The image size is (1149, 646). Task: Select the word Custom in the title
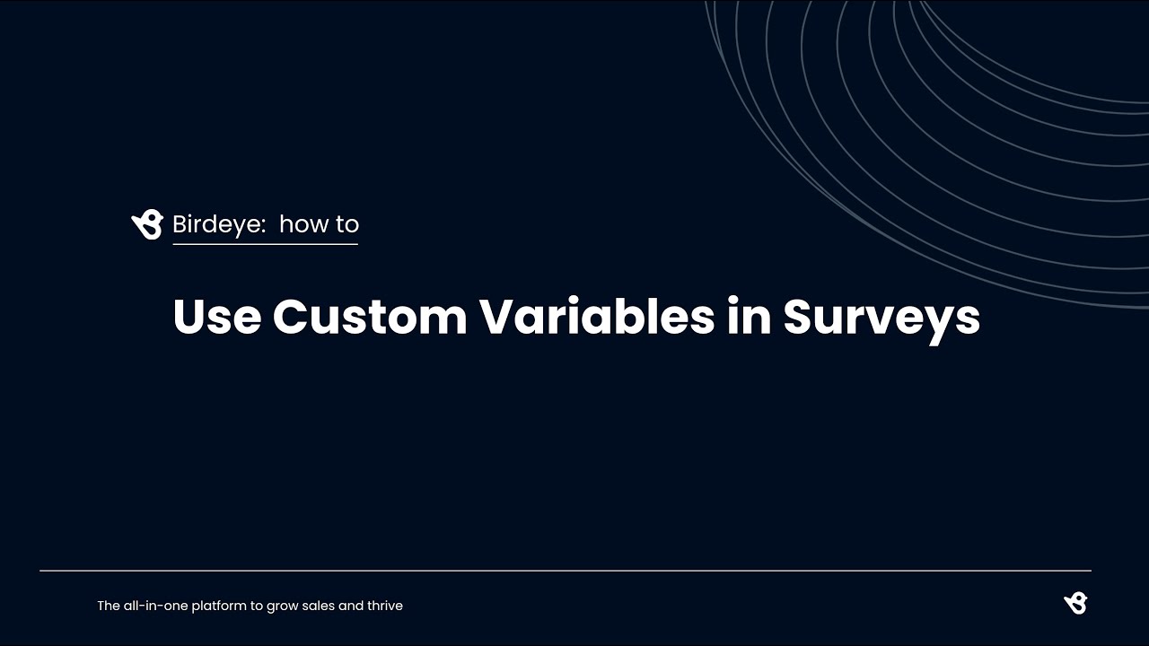point(369,317)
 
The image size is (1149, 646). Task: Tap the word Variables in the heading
point(596,317)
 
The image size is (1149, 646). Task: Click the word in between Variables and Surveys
point(749,317)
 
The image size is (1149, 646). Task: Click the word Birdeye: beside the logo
point(219,224)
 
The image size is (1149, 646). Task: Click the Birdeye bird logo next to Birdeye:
point(147,224)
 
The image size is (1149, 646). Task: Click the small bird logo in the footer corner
point(1075,604)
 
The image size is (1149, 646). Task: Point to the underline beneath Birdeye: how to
point(265,244)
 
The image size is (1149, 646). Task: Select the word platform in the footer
point(219,607)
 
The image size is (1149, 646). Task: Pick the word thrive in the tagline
point(385,606)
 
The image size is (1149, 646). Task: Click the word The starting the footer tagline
point(108,606)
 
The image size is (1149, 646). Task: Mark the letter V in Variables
point(496,317)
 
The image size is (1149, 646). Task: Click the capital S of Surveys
point(799,317)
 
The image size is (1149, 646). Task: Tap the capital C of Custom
point(289,317)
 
